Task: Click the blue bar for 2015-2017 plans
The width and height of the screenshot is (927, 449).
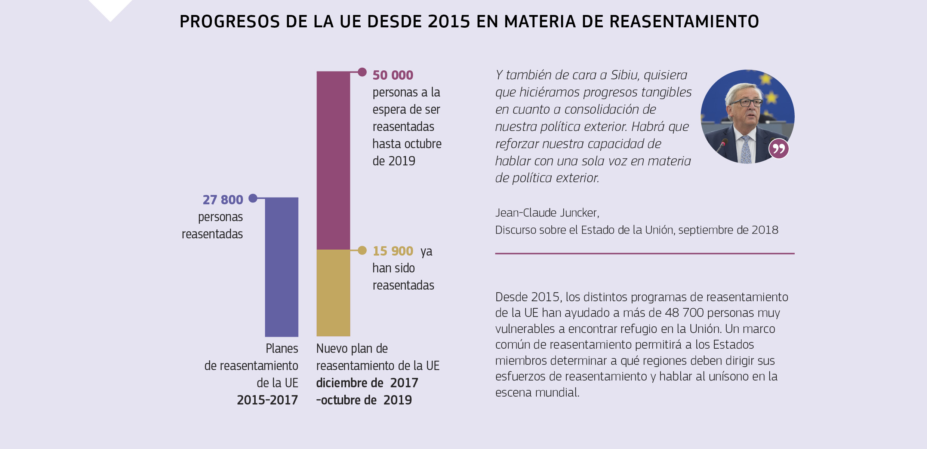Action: click(281, 267)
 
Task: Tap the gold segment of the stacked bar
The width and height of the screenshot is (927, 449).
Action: click(333, 293)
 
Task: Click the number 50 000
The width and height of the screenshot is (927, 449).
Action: click(392, 75)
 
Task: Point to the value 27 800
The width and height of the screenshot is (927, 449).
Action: click(223, 200)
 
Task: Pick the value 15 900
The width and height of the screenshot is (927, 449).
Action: click(392, 251)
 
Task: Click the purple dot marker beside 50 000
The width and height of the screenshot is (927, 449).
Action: click(362, 72)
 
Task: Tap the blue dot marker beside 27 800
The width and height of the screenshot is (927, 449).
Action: click(253, 198)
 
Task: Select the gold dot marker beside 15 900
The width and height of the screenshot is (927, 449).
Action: click(362, 250)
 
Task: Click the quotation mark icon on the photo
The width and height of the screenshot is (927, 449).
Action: click(779, 149)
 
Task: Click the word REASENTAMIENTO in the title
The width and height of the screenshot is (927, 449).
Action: click(684, 22)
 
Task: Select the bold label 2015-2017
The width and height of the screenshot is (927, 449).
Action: click(267, 400)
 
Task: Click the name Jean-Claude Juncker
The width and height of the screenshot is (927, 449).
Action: click(547, 213)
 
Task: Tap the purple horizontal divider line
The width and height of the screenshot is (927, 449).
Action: click(644, 254)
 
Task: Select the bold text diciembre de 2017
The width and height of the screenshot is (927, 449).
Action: click(367, 383)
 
